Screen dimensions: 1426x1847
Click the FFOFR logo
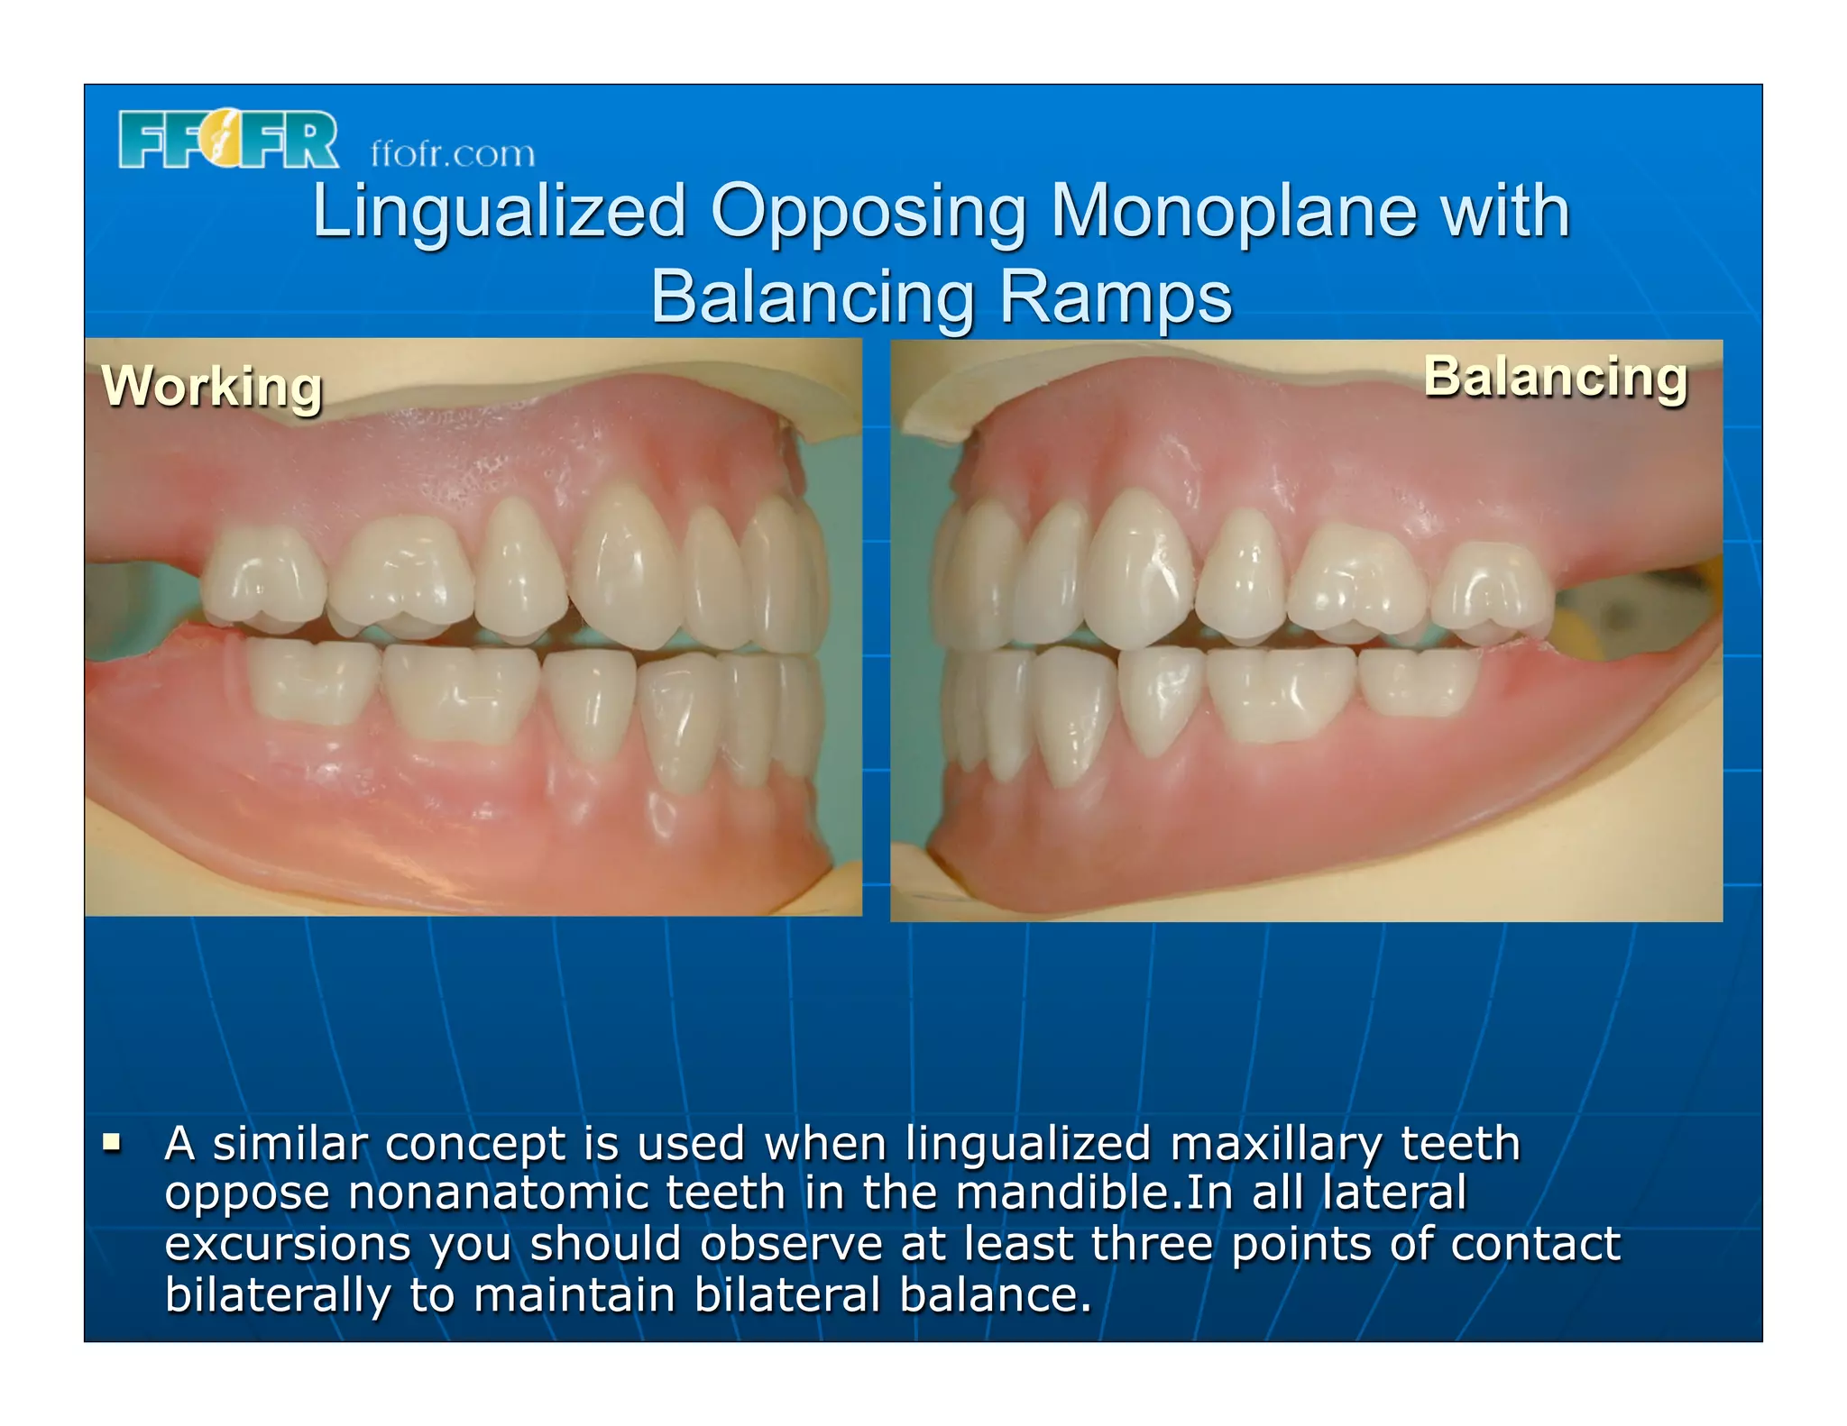228,140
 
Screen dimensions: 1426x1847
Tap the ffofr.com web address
453,154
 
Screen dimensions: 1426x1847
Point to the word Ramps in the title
1116,297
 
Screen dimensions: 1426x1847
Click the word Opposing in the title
868,212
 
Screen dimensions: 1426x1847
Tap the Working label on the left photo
212,387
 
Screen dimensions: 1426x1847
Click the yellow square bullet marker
112,1144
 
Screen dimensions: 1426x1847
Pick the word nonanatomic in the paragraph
498,1193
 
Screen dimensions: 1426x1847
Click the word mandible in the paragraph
1061,1193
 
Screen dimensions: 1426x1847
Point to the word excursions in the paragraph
288,1245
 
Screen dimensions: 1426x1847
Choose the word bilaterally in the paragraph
278,1295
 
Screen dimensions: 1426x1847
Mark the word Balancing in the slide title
812,297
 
